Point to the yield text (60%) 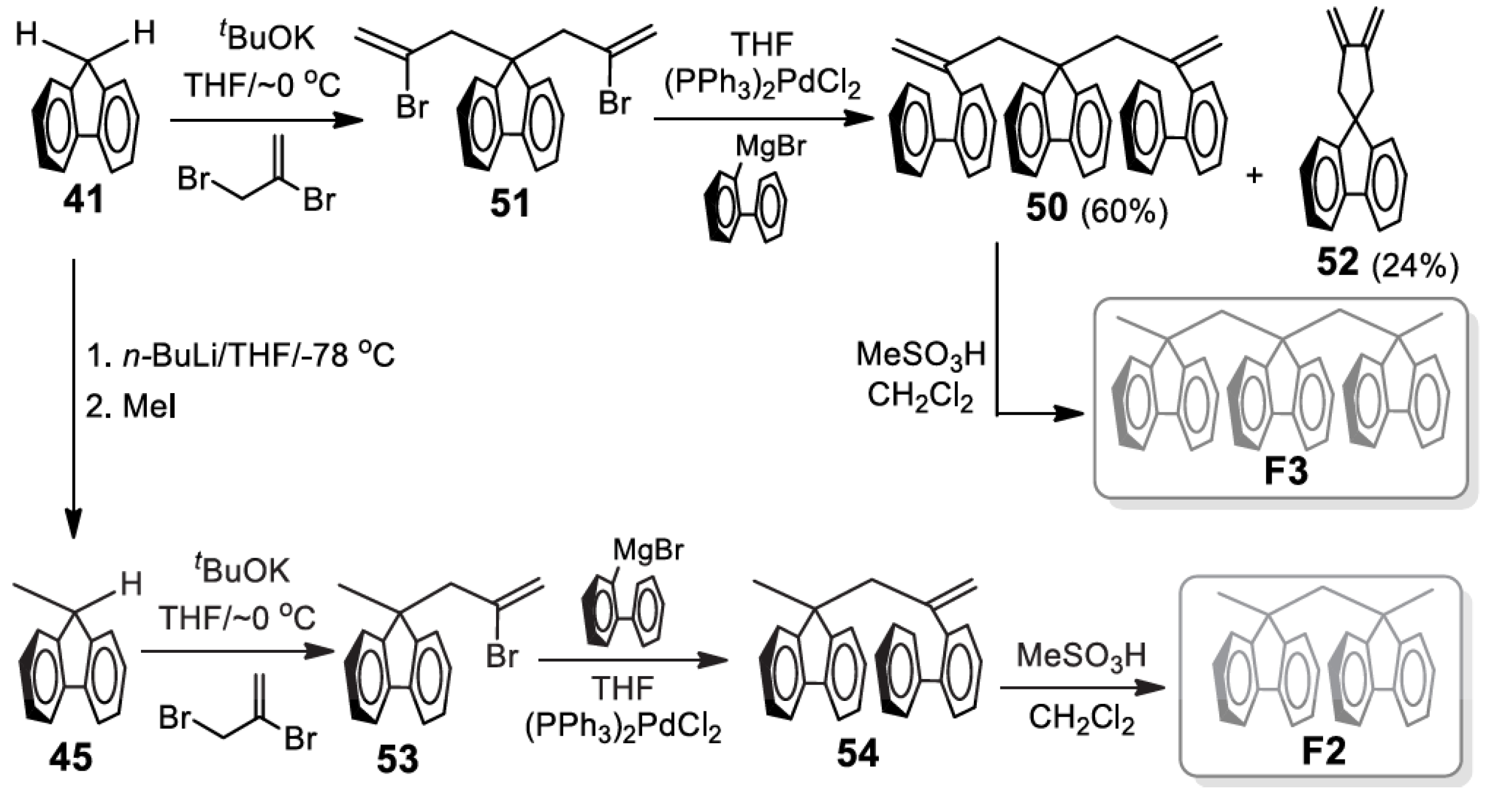click(x=1124, y=212)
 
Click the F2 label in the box click(x=1324, y=753)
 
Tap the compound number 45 click(x=71, y=757)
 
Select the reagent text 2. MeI click(x=131, y=406)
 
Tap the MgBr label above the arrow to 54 click(x=648, y=549)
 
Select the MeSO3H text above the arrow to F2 click(x=1081, y=656)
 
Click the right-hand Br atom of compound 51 click(x=614, y=104)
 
